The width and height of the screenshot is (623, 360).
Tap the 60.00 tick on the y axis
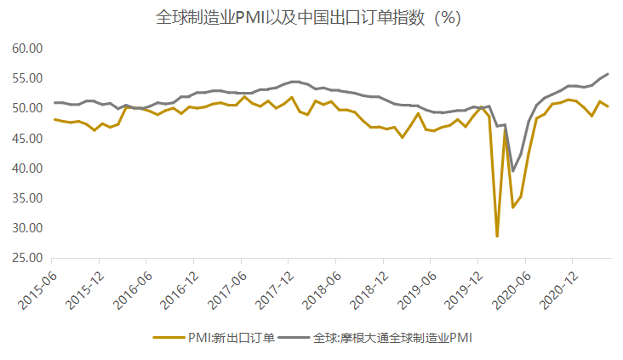(27, 49)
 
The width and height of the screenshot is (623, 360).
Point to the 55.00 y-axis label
(27, 78)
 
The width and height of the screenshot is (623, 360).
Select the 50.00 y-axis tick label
(27, 108)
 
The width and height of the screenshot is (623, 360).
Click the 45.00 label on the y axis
(27, 138)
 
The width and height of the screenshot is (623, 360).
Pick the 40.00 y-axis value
(27, 168)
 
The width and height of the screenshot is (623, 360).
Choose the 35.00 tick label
(27, 197)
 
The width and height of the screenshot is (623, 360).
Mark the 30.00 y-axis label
(27, 228)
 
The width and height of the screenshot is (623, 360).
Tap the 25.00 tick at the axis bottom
(27, 258)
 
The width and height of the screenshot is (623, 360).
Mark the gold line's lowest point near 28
(497, 236)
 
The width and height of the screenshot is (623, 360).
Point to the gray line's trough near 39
(513, 171)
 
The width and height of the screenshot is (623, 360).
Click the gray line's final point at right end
(607, 74)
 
